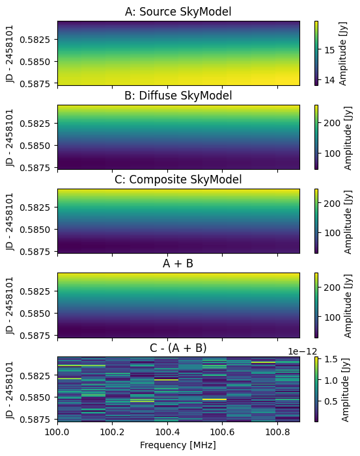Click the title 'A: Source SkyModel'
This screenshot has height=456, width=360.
pyautogui.click(x=178, y=12)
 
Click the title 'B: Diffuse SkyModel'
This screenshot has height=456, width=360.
pyautogui.click(x=178, y=96)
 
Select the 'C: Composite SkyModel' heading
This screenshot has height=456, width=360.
pyautogui.click(x=178, y=180)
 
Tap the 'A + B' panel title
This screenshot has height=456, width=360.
pyautogui.click(x=178, y=263)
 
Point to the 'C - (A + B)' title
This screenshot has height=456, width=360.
pyautogui.click(x=178, y=348)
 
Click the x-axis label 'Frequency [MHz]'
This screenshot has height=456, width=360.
pyautogui.click(x=178, y=445)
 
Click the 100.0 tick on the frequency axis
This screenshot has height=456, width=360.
pyautogui.click(x=57, y=432)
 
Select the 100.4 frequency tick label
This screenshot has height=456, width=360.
pyautogui.click(x=167, y=432)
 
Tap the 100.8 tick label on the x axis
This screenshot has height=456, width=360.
pyautogui.click(x=277, y=432)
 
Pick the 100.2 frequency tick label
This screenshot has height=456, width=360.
pyautogui.click(x=112, y=432)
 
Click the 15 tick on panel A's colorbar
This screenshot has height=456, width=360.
pyautogui.click(x=330, y=50)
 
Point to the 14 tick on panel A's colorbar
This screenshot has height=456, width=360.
pyautogui.click(x=330, y=80)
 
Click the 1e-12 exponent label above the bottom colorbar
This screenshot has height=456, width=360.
pyautogui.click(x=302, y=352)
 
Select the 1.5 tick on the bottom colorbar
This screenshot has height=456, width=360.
pyautogui.click(x=331, y=359)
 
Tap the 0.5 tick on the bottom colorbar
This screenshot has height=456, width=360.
pyautogui.click(x=331, y=401)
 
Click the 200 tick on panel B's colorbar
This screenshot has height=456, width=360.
pyautogui.click(x=333, y=123)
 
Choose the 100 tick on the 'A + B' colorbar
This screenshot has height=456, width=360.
pyautogui.click(x=333, y=317)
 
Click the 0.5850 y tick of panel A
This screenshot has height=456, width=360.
pyautogui.click(x=35, y=62)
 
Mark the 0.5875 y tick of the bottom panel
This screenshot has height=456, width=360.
pyautogui.click(x=35, y=420)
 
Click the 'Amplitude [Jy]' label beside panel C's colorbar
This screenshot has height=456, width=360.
pyautogui.click(x=348, y=222)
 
